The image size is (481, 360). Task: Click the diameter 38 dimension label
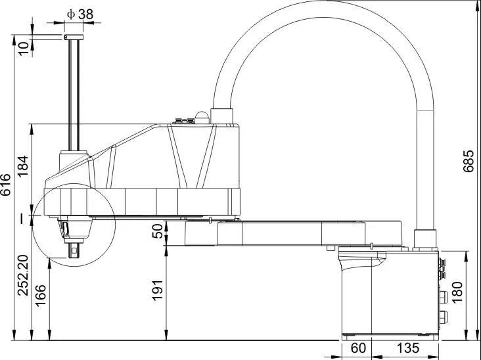[x=80, y=14]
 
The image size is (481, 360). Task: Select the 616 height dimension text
[x=5, y=185]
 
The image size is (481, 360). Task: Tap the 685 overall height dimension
[x=469, y=161]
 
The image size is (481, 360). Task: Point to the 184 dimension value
[x=23, y=166]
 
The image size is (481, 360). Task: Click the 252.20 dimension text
[x=23, y=275]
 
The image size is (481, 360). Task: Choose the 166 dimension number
[x=41, y=296]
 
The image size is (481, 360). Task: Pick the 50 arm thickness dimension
[x=158, y=231]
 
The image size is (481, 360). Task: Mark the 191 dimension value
[x=158, y=290]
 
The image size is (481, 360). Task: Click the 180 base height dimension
[x=457, y=292]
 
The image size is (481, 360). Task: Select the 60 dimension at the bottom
[x=358, y=348]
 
